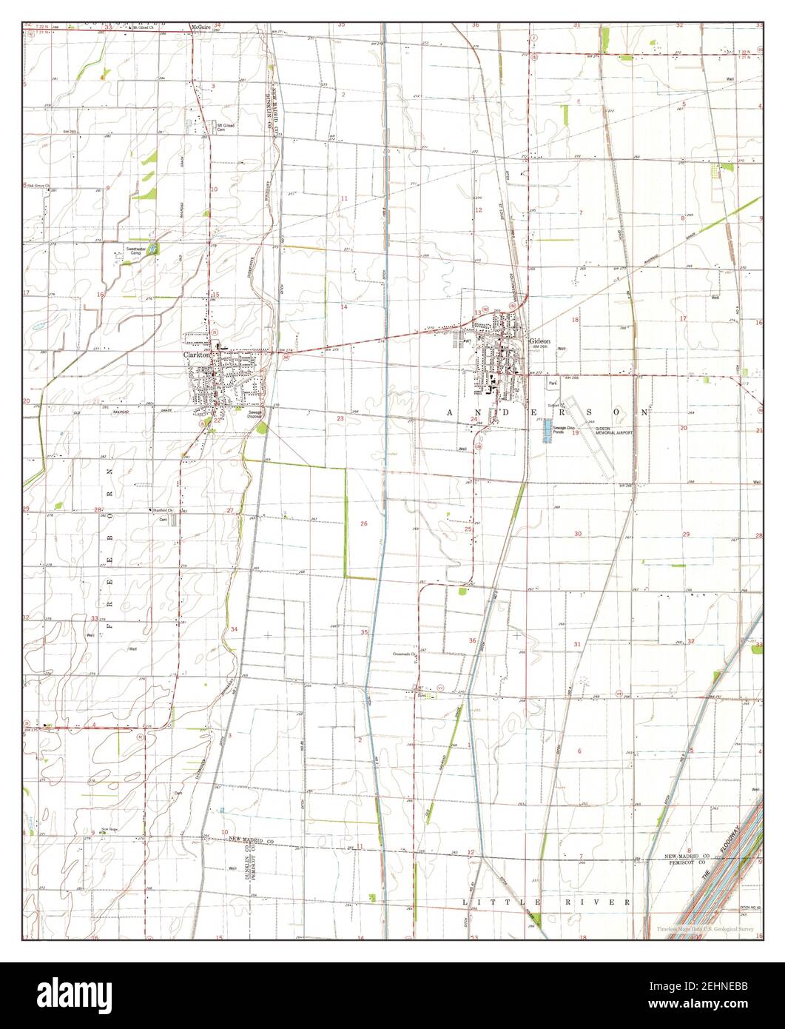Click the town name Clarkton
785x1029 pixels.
pos(198,355)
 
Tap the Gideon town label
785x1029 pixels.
pos(539,341)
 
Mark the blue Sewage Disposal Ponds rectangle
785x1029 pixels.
pos(548,430)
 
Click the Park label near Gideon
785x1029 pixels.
pos(553,383)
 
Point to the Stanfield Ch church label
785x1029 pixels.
pos(162,510)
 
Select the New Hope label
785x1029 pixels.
pos(110,829)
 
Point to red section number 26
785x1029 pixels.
pos(363,523)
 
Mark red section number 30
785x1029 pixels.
pos(578,534)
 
